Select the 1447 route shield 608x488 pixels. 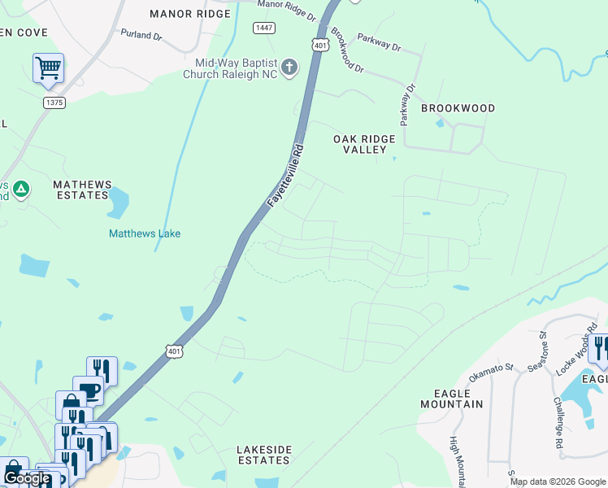(263, 28)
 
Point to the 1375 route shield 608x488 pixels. (54, 102)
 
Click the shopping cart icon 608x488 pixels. (48, 68)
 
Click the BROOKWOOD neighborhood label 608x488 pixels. (458, 108)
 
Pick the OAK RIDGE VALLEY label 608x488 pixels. (364, 144)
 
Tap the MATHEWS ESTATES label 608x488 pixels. (80, 190)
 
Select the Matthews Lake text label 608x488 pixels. (145, 233)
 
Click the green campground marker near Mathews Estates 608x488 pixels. (21, 190)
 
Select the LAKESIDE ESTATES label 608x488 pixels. (263, 455)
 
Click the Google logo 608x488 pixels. (27, 479)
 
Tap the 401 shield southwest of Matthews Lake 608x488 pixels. (173, 351)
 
